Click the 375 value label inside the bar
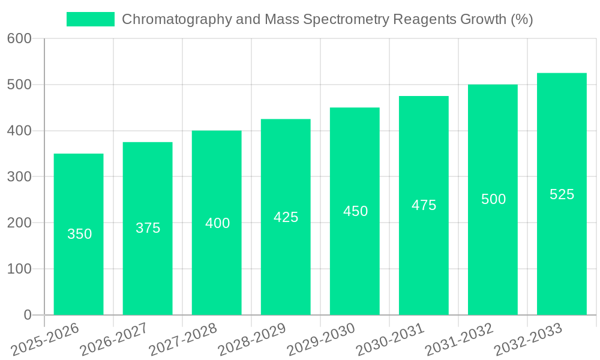tap(148, 228)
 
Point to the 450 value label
tap(355, 211)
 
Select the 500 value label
tap(493, 199)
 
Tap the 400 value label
tap(217, 223)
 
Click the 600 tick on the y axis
tap(19, 38)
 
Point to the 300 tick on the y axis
tap(19, 176)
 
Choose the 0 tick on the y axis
tap(28, 315)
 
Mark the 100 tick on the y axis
tap(19, 269)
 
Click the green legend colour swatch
tap(90, 19)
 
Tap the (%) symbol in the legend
tap(521, 20)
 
